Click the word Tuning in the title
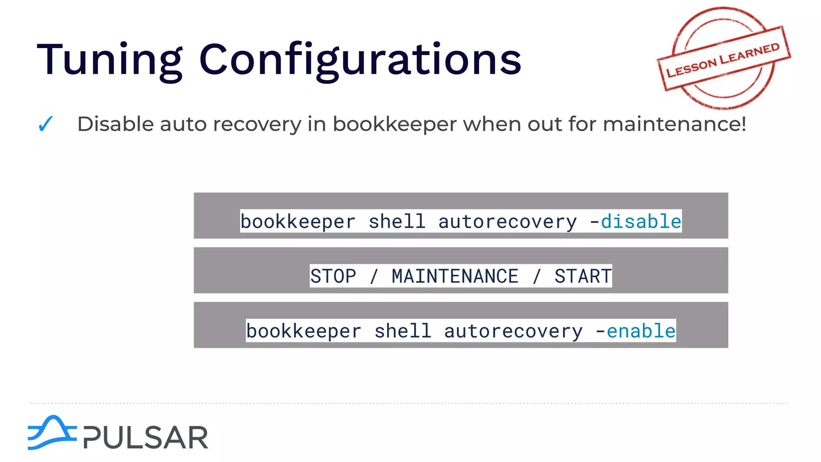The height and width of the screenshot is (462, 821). [x=109, y=60]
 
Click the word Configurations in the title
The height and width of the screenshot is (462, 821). [x=360, y=60]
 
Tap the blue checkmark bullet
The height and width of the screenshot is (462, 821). [x=45, y=124]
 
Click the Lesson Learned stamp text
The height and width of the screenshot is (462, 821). [x=723, y=60]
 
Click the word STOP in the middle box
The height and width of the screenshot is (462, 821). [x=333, y=276]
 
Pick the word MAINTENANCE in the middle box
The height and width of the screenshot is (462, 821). [x=455, y=276]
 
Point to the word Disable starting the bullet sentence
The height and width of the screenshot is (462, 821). [x=115, y=124]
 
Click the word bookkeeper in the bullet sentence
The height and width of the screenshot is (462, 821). [x=394, y=124]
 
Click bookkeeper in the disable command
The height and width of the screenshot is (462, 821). [x=298, y=221]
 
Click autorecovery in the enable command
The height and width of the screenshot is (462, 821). [x=513, y=331]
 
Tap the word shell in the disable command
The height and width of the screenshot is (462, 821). [x=397, y=221]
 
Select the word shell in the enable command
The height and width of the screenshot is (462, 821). [x=402, y=331]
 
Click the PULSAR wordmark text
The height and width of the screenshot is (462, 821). [x=146, y=438]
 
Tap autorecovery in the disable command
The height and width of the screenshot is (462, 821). [x=508, y=221]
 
